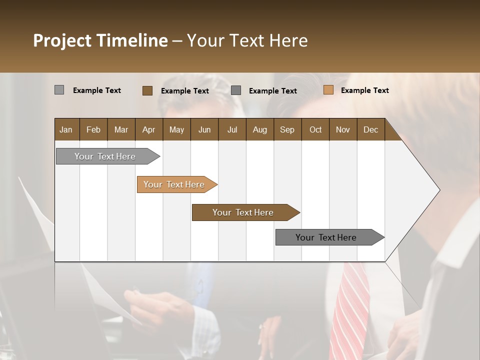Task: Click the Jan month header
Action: (x=66, y=129)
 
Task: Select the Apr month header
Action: (x=148, y=129)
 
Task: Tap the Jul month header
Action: (x=232, y=129)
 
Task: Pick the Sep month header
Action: (x=287, y=129)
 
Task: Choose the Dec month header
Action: (x=370, y=129)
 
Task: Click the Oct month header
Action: (x=315, y=129)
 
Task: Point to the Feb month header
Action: (x=93, y=129)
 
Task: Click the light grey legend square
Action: (x=59, y=90)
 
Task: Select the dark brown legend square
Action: (x=147, y=90)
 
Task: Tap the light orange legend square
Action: (x=328, y=90)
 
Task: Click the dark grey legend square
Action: (x=236, y=90)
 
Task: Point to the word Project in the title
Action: (x=62, y=40)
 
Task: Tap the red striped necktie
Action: (x=350, y=310)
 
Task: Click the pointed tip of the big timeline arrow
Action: (x=438, y=190)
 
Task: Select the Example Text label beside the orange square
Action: (x=364, y=90)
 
